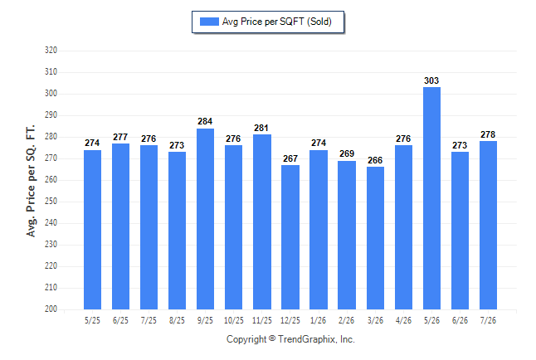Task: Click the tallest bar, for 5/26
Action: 431,198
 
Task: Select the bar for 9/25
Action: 205,219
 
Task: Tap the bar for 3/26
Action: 375,238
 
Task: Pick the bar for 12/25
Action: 290,237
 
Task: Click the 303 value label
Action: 431,80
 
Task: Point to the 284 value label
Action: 205,121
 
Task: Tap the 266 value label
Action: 375,160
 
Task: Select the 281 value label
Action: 261,129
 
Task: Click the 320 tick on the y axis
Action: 51,51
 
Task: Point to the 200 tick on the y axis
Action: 51,309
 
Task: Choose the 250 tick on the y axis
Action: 51,202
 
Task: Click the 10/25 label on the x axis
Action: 234,321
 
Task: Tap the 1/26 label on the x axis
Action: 319,321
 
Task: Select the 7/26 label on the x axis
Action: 488,321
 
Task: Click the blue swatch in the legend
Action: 209,22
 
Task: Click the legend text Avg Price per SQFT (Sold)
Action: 277,22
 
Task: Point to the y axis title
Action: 31,181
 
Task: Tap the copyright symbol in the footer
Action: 272,338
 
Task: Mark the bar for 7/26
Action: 488,226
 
